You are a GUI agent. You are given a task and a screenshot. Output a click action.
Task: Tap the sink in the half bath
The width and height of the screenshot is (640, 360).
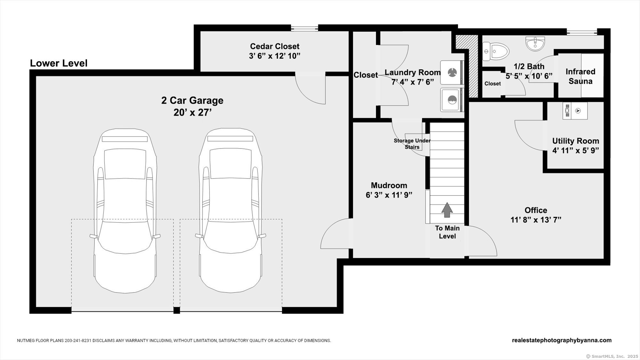tap(535, 44)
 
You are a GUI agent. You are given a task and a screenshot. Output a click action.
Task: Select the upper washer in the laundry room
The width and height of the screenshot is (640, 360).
tap(452, 73)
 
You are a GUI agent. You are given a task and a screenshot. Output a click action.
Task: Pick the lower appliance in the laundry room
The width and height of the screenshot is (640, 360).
tap(452, 100)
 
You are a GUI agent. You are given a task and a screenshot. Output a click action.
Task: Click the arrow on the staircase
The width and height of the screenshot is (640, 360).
tap(447, 210)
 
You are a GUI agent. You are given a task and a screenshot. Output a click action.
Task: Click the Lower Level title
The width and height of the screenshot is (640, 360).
tap(59, 63)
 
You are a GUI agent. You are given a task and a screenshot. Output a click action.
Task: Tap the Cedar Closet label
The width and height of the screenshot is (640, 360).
tap(275, 46)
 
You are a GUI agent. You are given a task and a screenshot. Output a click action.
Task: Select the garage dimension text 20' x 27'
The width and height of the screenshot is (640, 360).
tap(193, 113)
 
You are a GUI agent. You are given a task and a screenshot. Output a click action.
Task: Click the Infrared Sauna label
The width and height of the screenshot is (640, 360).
tap(580, 76)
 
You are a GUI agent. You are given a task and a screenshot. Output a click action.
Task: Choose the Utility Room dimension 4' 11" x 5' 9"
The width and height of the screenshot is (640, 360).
tap(576, 150)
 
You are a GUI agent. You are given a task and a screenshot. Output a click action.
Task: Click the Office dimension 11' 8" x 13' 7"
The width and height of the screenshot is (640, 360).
tap(536, 220)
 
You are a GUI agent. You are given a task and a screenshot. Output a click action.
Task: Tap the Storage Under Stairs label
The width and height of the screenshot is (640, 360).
tap(412, 144)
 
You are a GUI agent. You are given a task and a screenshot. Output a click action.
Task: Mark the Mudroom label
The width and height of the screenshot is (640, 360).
tap(389, 185)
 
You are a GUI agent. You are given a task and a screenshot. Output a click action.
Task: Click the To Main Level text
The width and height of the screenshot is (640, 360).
tap(447, 232)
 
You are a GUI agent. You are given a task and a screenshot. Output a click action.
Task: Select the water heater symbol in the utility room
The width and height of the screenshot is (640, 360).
tap(575, 111)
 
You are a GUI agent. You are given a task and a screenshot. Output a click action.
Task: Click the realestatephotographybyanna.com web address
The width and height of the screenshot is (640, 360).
tap(562, 340)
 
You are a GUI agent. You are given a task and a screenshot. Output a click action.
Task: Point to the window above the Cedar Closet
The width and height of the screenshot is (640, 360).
tap(304, 28)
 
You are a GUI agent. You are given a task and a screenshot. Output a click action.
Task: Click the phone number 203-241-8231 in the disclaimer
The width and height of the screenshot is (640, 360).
tap(78, 341)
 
